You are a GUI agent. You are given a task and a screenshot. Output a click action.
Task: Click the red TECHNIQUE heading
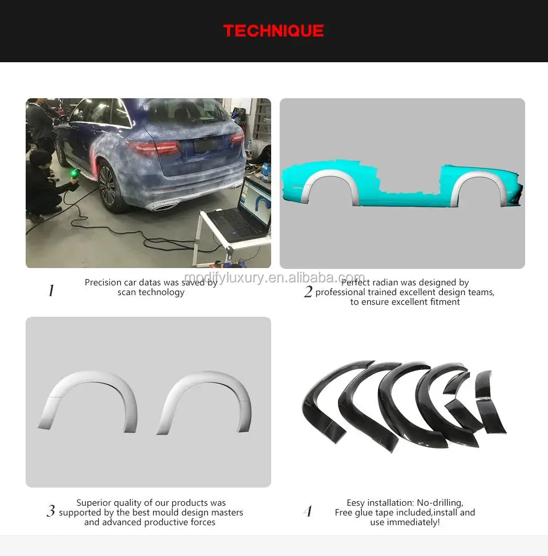tap(273, 31)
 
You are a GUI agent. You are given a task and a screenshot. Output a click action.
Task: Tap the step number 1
tap(51, 291)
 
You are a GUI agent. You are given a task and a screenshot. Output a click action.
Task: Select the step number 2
tap(308, 292)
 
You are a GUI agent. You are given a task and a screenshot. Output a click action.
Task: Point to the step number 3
tap(51, 511)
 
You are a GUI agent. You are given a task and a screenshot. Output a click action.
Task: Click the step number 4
tap(308, 511)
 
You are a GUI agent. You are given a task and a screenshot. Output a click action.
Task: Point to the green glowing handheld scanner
tap(73, 171)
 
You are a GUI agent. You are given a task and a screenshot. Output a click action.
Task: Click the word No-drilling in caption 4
tap(440, 503)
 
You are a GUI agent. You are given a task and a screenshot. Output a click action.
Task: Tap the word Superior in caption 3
tap(95, 503)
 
